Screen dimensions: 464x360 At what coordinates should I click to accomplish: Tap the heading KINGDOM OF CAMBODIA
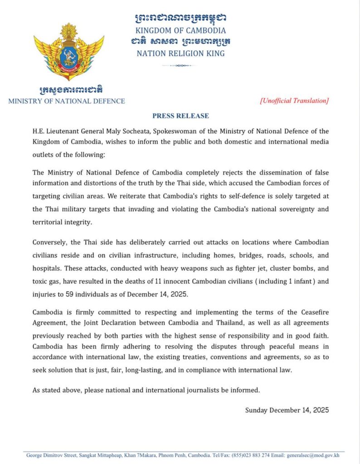click(180, 30)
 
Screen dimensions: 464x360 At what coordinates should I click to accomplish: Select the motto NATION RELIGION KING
click(180, 53)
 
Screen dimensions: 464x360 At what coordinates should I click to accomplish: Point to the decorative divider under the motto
click(180, 65)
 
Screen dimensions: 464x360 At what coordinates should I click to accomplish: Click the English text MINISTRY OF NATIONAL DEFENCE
click(67, 101)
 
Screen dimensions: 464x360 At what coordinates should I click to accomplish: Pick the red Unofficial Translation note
click(294, 101)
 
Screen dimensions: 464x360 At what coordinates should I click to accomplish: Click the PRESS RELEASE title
click(180, 116)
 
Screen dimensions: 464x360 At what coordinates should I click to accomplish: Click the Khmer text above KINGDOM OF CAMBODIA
click(180, 18)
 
